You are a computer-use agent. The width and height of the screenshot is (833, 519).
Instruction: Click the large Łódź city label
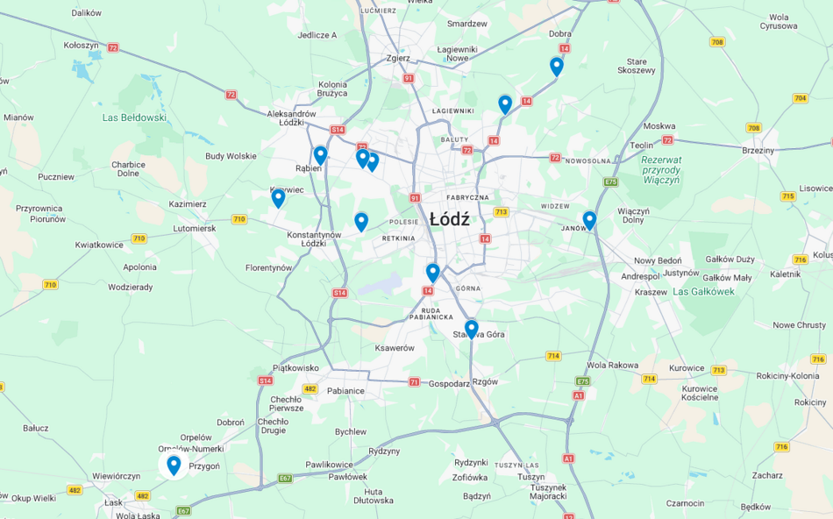click(x=449, y=220)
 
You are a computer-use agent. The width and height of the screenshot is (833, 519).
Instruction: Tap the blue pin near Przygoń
click(x=174, y=466)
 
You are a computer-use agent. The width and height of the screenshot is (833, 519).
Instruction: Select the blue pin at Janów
click(x=589, y=220)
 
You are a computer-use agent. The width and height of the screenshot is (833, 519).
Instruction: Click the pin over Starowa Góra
click(x=472, y=329)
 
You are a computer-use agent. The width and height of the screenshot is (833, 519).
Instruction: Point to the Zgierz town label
click(x=398, y=59)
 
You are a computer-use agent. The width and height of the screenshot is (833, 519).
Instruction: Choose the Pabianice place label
click(x=346, y=390)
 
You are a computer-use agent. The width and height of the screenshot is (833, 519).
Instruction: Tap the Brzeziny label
click(x=758, y=151)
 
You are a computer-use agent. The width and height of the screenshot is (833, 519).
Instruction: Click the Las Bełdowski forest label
click(x=134, y=117)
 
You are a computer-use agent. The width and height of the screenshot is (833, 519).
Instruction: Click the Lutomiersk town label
click(x=194, y=228)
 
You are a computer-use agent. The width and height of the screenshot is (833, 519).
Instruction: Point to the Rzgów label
click(x=485, y=381)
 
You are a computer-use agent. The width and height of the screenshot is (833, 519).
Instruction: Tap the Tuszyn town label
click(x=530, y=477)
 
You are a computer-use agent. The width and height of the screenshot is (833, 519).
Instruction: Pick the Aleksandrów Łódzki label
click(x=291, y=118)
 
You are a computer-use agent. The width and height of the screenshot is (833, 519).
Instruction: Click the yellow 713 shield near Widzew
click(x=501, y=212)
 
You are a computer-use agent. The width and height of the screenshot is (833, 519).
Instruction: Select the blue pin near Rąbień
click(x=320, y=155)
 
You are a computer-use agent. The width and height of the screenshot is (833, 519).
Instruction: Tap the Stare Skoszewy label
click(x=636, y=66)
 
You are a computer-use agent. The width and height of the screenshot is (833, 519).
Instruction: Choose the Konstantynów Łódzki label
click(x=314, y=238)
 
